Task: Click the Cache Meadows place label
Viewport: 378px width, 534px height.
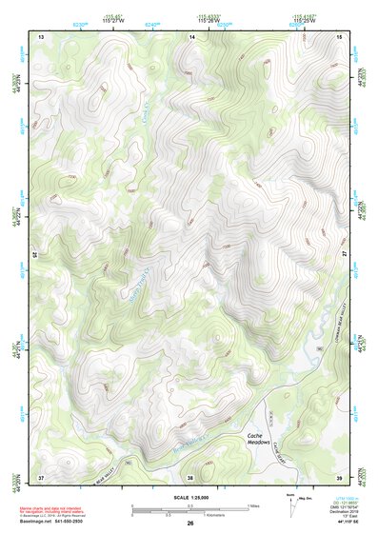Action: [x=260, y=439]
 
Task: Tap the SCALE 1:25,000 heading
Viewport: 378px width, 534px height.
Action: [x=189, y=499]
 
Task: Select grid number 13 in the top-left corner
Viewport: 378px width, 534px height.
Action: [x=41, y=36]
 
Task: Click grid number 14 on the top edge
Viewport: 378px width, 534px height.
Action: [x=191, y=36]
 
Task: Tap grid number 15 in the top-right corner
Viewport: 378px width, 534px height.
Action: [x=340, y=36]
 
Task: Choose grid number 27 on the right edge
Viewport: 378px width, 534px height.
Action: [x=345, y=255]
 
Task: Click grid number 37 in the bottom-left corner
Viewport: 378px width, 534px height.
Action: [x=41, y=476]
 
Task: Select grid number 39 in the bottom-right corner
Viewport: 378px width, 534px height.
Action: [x=340, y=476]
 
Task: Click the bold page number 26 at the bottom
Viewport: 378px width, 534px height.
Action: [x=190, y=524]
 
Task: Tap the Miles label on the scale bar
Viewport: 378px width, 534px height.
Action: [x=253, y=504]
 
